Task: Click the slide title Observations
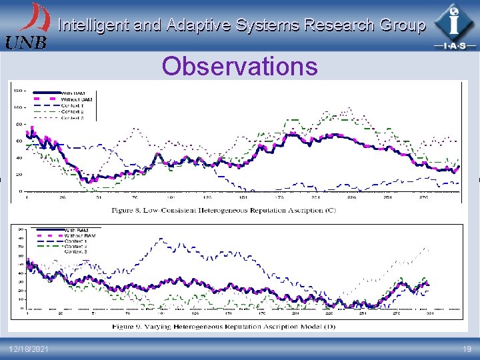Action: (240, 67)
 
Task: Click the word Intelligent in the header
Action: (91, 25)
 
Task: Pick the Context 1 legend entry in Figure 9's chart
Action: (75, 241)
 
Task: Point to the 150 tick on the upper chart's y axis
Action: (18, 90)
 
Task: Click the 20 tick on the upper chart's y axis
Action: (19, 175)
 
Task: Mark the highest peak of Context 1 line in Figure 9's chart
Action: (160, 239)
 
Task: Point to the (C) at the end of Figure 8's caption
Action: (331, 210)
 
